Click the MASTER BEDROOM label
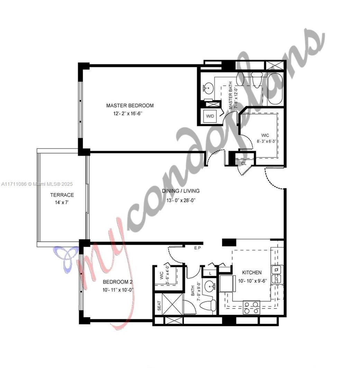point(130,105)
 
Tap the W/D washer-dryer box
point(210,116)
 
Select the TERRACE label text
point(62,195)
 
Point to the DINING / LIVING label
point(181,191)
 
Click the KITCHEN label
point(252,273)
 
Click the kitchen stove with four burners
point(252,307)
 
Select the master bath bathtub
point(275,89)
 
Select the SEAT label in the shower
point(159,306)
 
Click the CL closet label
point(244,163)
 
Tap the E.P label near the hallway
point(198,248)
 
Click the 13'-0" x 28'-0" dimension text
point(181,201)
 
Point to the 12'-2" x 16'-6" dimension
point(128,114)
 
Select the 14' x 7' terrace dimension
point(62,203)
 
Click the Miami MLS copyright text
point(37,184)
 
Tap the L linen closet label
point(210,274)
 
